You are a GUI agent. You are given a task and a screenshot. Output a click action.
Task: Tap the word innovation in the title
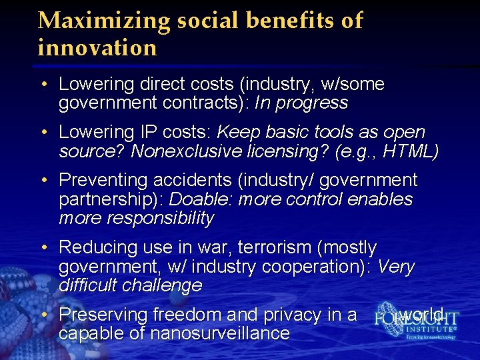click(97, 48)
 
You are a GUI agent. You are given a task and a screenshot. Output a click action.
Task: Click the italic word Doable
click(201, 200)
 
